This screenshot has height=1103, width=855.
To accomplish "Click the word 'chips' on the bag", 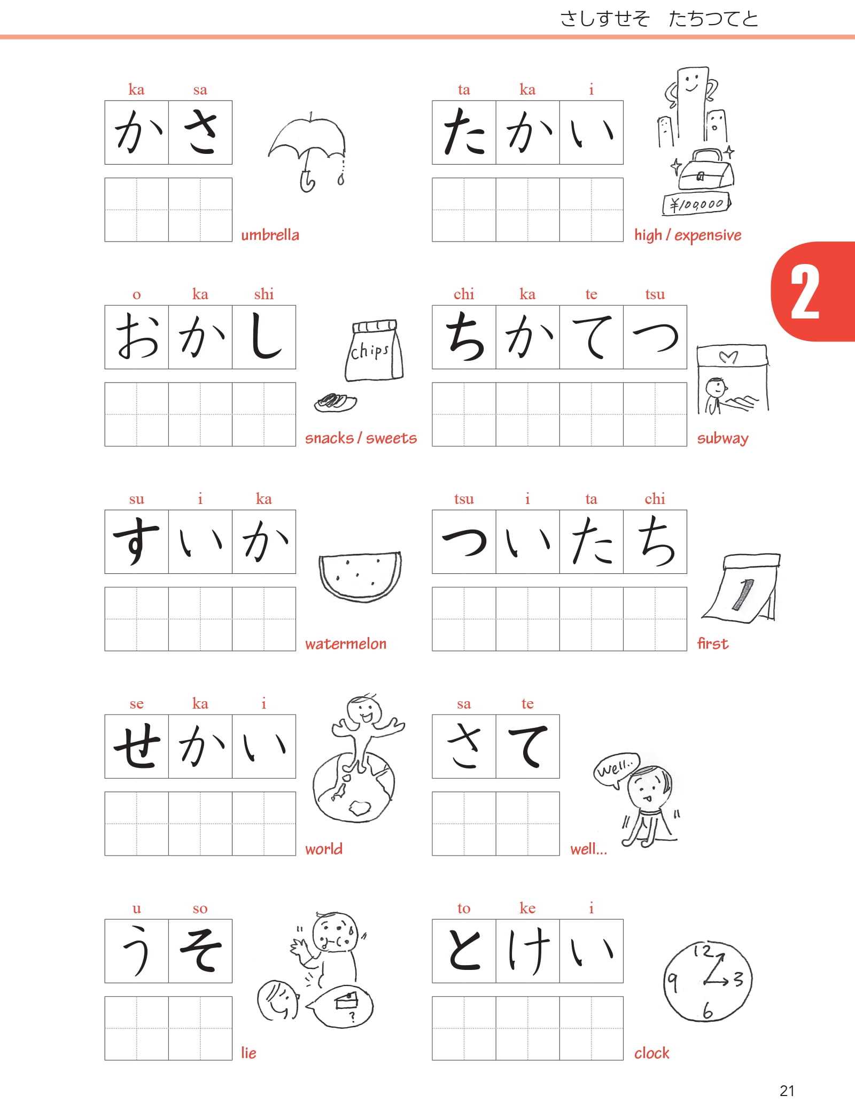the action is pos(369,351).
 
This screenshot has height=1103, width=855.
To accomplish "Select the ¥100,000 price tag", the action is pos(696,204).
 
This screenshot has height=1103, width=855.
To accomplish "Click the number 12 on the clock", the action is pos(703,951).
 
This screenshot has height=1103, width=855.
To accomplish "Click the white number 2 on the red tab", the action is pos(805,292).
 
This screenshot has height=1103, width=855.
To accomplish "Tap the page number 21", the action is pos(787,1090).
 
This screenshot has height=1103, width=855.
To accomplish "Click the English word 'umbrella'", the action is pos(270,235).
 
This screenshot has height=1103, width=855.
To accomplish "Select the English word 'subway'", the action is pos(722,439).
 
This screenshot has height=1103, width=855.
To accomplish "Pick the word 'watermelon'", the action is pos(346,643).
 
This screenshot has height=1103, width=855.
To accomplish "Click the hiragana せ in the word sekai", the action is pos(137,746).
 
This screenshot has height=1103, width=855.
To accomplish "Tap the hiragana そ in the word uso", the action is pos(200,951).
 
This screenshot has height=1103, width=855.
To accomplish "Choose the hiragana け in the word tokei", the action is pos(528,951).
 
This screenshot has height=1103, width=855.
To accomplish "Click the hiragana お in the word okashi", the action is pos(137,337).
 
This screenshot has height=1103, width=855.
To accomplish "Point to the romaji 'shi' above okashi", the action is pos(264,294).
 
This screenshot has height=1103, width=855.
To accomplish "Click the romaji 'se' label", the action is pos(137,704).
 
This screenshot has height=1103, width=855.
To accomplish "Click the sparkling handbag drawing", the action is pos(705,169).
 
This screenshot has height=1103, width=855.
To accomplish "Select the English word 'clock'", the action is pos(651,1053).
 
